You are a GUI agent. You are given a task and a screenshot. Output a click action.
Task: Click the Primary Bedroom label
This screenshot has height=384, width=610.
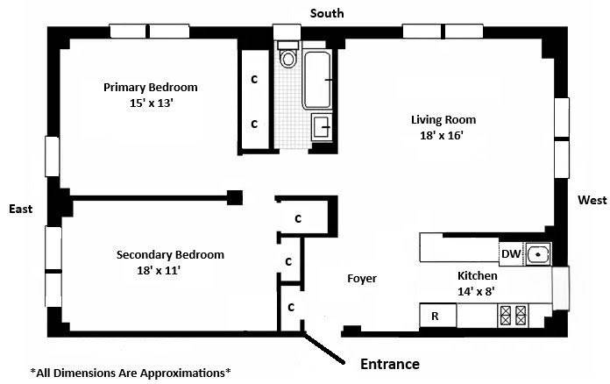click(150, 88)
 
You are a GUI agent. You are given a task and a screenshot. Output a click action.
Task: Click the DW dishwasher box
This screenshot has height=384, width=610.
click(512, 254)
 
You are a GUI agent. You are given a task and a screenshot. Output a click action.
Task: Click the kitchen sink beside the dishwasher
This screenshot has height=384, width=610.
click(539, 254)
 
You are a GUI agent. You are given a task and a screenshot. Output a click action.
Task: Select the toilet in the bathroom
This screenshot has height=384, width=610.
click(287, 59)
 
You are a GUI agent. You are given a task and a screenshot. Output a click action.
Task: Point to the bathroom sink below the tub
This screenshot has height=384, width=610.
click(321, 128)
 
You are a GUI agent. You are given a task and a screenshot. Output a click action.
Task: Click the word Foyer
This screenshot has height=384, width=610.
click(361, 279)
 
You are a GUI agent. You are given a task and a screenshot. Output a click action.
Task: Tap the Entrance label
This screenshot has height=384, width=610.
click(390, 364)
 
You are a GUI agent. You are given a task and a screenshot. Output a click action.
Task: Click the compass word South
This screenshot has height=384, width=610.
click(325, 13)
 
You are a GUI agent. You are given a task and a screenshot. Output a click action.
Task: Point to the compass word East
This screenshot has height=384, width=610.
click(21, 209)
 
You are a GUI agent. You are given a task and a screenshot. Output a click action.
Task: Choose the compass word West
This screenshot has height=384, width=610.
click(592, 201)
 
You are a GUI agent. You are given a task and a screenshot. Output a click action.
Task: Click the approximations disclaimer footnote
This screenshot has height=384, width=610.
click(131, 373)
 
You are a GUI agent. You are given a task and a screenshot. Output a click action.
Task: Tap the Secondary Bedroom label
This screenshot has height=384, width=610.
click(170, 255)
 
